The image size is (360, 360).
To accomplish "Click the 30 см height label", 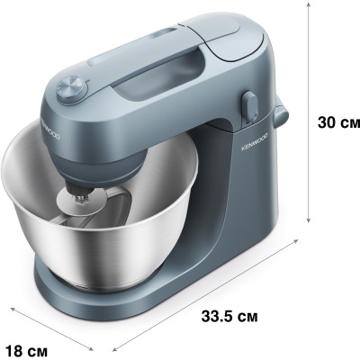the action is click(338, 122).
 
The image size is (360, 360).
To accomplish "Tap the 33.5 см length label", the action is click(229, 316).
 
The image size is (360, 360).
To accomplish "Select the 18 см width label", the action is click(27, 349).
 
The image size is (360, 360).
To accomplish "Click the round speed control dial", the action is click(72, 89).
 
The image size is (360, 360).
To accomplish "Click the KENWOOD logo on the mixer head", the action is click(50, 130).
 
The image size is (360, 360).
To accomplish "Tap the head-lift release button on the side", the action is click(250, 106).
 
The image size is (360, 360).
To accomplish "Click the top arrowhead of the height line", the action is click(308, 4).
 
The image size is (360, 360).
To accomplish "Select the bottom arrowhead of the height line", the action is click(308, 220).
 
